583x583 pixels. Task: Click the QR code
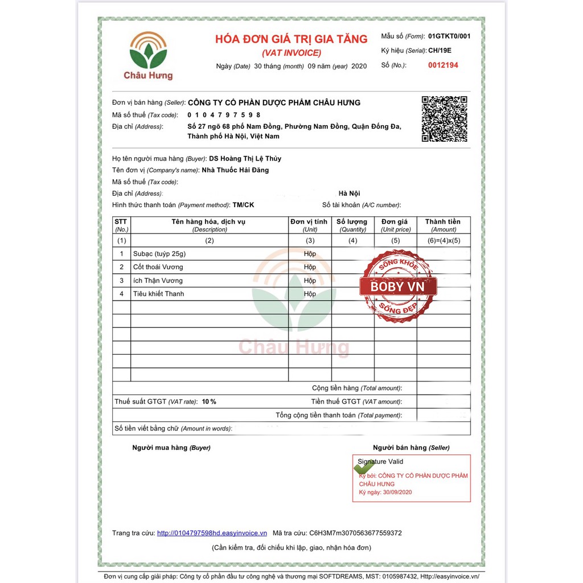click(x=444, y=119)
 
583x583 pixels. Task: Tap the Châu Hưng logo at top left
click(x=148, y=55)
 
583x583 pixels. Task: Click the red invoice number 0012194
click(x=443, y=65)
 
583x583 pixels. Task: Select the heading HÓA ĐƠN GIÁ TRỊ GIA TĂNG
click(x=291, y=39)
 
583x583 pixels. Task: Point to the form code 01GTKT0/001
click(x=449, y=36)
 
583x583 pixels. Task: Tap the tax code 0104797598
click(x=224, y=115)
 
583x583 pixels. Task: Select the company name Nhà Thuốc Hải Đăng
click(x=235, y=170)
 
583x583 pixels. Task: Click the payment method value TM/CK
click(x=244, y=204)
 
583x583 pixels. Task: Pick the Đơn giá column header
click(x=395, y=225)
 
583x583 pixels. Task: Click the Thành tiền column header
click(x=444, y=225)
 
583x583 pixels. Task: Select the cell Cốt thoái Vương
click(x=158, y=267)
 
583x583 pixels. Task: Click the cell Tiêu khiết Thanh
click(x=159, y=294)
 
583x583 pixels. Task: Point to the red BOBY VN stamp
click(x=398, y=286)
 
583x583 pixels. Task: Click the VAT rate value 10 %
click(x=209, y=401)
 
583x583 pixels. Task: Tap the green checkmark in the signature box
click(x=364, y=467)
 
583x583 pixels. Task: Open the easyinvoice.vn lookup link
click(x=212, y=533)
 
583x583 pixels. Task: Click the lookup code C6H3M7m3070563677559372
click(x=355, y=533)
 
